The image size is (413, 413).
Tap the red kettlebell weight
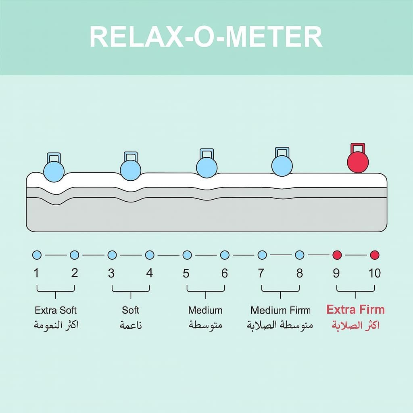pos(357,162)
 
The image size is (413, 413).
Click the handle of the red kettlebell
pos(357,148)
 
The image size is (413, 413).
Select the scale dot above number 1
pos(37,255)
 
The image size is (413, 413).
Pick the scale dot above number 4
pos(150,255)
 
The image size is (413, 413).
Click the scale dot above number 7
pos(262,255)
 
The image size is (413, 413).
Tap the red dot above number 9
pos(337,255)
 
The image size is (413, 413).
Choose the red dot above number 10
pos(375,255)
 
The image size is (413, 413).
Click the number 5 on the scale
pos(186,273)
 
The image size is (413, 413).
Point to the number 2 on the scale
pos(75,273)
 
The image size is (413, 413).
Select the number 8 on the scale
pos(300,273)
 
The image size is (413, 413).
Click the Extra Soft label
pos(56,310)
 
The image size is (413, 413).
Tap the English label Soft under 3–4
pos(131,310)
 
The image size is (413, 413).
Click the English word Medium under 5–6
pos(205,310)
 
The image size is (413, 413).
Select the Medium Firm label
pos(281,310)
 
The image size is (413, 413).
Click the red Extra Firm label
pos(355,310)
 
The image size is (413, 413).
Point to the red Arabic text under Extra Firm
pos(355,325)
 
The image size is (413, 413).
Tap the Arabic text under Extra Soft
pos(56,325)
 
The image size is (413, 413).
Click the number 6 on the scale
pos(225,273)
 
